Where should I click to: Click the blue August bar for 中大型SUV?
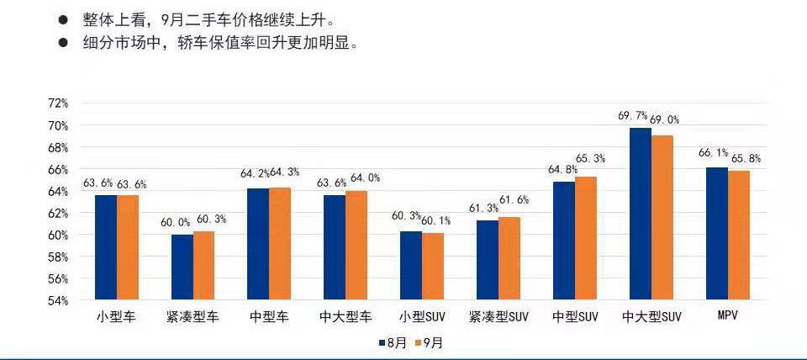coord(641,214)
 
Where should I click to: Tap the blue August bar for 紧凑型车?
coord(182,267)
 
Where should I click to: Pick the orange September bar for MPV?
coord(738,236)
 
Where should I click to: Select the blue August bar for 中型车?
coord(258,244)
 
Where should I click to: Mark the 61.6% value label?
coord(516,199)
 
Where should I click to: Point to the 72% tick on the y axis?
coord(58,103)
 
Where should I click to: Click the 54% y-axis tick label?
coord(58,300)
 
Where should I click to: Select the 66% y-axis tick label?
coord(58,169)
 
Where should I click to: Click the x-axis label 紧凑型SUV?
coord(498,317)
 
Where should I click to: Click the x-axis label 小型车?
coord(116,317)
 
